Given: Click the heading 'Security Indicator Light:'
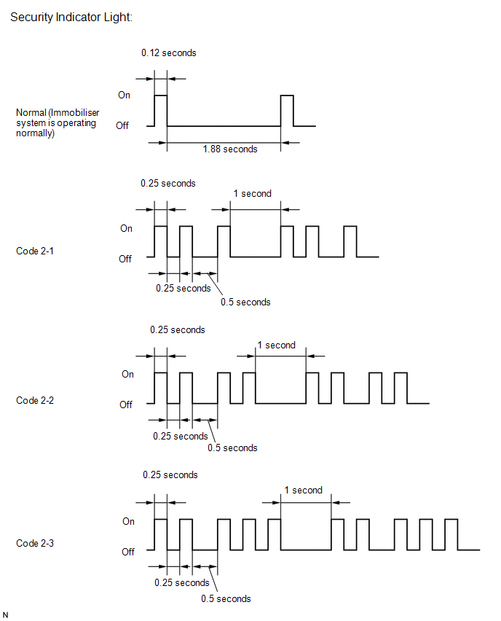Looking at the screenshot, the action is point(71,17).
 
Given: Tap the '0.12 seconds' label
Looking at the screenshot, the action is point(169,52).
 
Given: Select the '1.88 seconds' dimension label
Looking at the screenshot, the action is point(230,149).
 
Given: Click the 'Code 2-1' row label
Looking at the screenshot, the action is point(35,251).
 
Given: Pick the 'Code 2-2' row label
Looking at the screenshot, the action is point(35,400).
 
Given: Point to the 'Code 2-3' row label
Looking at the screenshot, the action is point(35,544).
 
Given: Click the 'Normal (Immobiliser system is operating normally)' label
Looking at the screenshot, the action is point(58,122).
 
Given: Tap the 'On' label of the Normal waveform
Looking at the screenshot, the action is point(124,95).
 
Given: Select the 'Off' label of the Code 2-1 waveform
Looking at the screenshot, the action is point(125,259).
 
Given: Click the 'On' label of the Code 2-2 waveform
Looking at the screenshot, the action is point(127,374).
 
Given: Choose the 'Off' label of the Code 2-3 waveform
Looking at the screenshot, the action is point(128,552).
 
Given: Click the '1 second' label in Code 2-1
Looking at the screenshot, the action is point(253,194).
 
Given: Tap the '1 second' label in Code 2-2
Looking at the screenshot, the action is point(276,345).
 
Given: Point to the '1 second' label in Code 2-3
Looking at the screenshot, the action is point(303,491).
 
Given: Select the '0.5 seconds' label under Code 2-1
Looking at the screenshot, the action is point(245,302).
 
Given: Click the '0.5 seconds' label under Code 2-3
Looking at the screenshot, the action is point(226,599).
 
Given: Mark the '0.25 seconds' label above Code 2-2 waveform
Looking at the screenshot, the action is point(177,330).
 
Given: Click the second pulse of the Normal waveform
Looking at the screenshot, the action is point(287,111).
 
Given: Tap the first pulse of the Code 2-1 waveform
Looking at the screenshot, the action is point(161,241).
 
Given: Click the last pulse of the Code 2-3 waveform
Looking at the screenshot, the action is point(451,535).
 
